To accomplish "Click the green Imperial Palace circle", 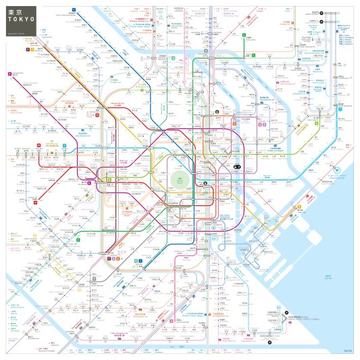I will pos(180,180).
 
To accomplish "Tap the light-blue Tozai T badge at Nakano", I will pos(65,145).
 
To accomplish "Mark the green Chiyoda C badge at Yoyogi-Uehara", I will pos(80,238).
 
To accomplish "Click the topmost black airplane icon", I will pos(322,12).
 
